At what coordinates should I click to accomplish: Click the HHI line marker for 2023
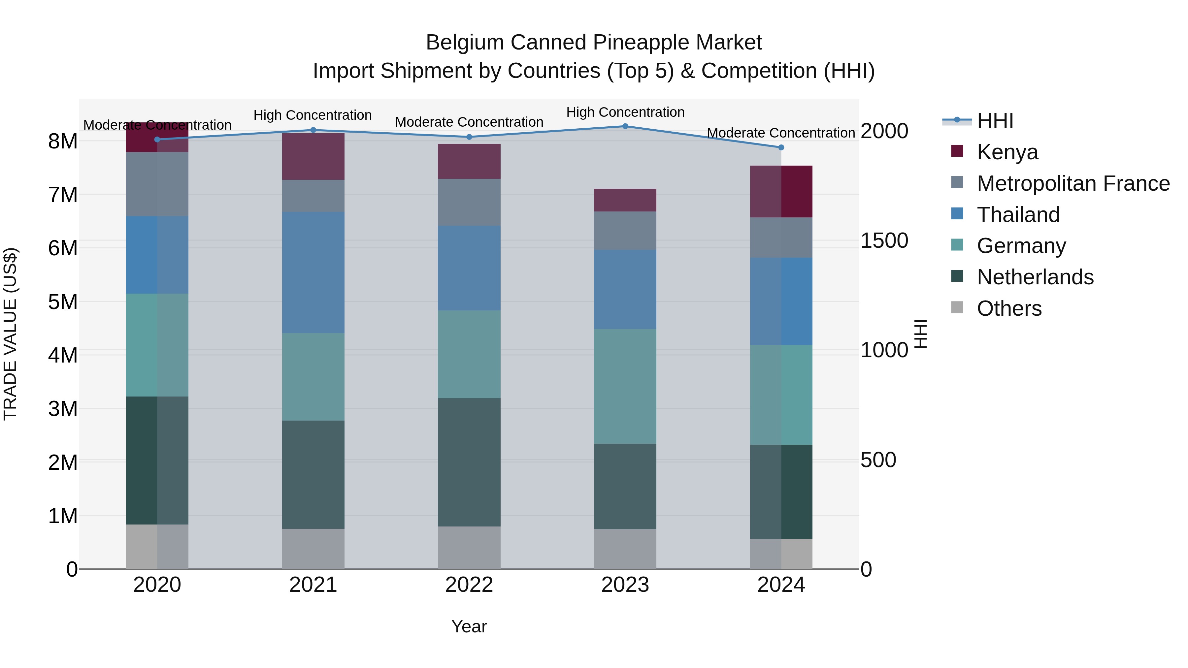click(625, 126)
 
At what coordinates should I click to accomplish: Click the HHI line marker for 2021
click(313, 130)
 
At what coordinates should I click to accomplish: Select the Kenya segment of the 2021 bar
click(313, 156)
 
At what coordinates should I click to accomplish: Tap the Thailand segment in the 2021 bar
click(313, 272)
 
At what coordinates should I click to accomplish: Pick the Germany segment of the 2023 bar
click(625, 386)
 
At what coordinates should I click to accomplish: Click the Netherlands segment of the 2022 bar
click(469, 462)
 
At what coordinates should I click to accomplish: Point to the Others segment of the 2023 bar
click(625, 549)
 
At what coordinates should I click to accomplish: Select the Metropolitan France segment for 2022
click(469, 203)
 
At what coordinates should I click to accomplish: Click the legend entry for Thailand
click(1018, 215)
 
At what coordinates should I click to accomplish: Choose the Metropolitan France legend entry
click(1073, 183)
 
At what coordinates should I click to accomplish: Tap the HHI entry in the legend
click(995, 121)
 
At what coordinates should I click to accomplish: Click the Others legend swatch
click(957, 307)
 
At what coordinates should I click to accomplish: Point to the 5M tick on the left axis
click(63, 302)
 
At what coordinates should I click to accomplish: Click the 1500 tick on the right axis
click(884, 241)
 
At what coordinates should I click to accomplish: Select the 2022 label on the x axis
click(469, 585)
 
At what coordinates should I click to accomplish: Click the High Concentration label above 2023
click(625, 112)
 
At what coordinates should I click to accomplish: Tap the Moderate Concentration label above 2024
click(780, 133)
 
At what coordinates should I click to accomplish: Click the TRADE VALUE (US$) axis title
click(10, 334)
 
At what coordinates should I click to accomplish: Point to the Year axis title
click(469, 626)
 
